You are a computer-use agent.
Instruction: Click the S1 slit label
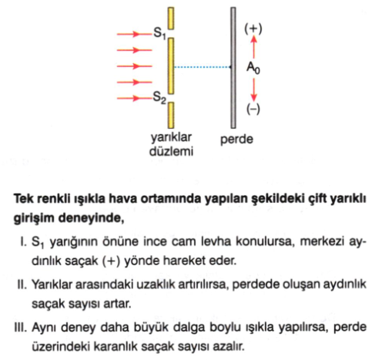(159, 34)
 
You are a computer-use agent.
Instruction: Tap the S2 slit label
(159, 98)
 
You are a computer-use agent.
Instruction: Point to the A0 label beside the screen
(253, 68)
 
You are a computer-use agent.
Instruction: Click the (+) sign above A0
(253, 29)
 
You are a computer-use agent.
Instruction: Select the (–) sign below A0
(253, 109)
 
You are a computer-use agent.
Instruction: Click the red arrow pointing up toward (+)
(253, 47)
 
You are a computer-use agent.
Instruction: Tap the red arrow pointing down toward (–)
(253, 89)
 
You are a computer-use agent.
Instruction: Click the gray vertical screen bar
(233, 68)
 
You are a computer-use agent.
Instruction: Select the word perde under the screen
(236, 140)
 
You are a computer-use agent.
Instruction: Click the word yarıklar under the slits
(171, 138)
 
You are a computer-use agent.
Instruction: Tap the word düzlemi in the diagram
(171, 151)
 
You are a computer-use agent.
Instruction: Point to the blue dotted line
(203, 67)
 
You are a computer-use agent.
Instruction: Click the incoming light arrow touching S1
(135, 34)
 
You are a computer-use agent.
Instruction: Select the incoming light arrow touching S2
(135, 98)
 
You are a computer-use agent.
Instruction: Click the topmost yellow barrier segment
(171, 19)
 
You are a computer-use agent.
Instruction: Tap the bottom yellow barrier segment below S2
(171, 115)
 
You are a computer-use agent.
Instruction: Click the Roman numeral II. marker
(22, 284)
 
